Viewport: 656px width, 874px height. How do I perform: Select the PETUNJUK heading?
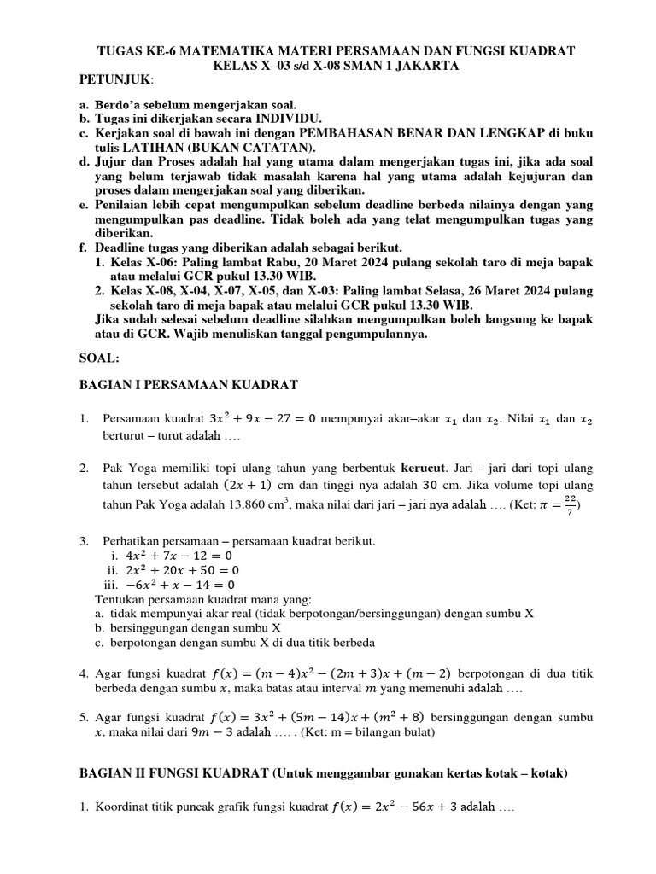[114, 79]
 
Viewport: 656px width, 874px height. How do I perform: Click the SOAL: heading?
[101, 360]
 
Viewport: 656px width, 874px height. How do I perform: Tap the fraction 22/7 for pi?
[570, 504]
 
